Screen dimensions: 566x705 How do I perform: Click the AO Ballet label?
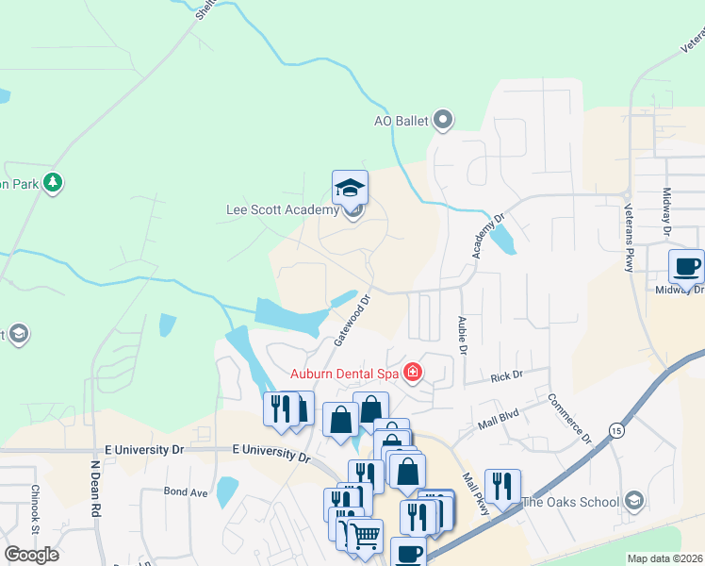(401, 121)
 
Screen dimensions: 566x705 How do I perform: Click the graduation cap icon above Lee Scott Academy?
(350, 187)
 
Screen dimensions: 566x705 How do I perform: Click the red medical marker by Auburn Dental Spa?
(412, 373)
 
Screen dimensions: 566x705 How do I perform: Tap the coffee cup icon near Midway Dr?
(685, 266)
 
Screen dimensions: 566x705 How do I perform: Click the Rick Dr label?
(506, 377)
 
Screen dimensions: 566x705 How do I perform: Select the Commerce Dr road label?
(569, 420)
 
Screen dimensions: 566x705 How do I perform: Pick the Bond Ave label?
(186, 491)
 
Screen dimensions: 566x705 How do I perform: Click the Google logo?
(31, 555)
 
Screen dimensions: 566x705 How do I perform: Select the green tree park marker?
(54, 182)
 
